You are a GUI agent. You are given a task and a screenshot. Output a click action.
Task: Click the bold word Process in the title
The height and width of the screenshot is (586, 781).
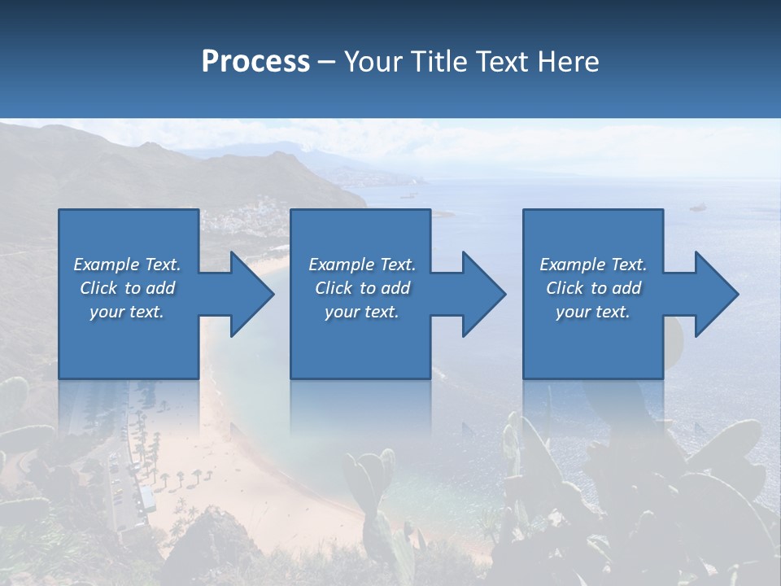coord(255,61)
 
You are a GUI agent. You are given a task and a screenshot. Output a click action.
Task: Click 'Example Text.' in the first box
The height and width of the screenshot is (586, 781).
coord(127,264)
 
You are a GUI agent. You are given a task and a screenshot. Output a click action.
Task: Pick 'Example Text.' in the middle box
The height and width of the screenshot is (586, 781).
coord(362,264)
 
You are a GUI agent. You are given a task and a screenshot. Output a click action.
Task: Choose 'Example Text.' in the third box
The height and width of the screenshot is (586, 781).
coord(593,264)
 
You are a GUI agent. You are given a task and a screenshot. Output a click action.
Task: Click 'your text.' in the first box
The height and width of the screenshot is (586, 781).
coord(127,311)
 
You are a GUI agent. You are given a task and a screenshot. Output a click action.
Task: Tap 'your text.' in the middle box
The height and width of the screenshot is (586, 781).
coord(362,311)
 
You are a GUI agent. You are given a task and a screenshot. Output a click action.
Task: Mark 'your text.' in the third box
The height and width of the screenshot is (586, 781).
coord(593,311)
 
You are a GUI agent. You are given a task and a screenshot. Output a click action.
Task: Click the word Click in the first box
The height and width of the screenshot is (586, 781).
coord(98,287)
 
